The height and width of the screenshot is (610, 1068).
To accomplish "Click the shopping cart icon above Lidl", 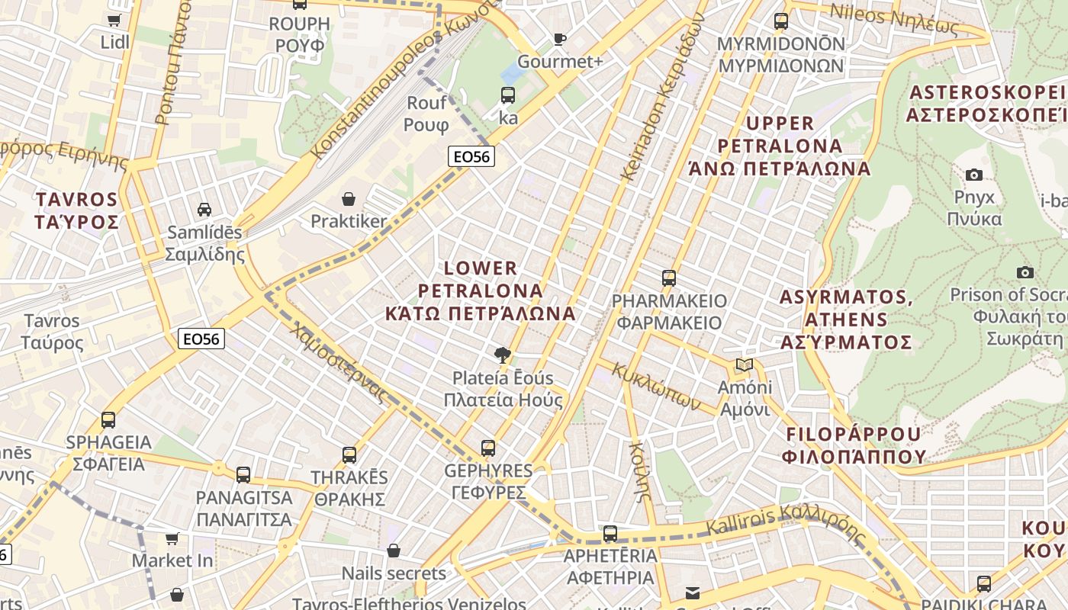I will click(114, 21).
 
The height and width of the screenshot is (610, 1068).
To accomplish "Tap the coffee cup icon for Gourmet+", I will click(560, 39).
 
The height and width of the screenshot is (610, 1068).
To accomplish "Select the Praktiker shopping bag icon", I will click(349, 199).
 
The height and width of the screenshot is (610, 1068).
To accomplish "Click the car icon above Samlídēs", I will click(204, 209).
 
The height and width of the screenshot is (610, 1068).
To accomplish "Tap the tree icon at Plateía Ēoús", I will click(503, 355).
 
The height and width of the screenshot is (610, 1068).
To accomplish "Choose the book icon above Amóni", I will click(744, 365).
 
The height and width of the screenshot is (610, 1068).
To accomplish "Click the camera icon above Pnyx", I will click(974, 175).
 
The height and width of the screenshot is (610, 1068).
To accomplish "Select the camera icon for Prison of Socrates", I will click(1025, 272).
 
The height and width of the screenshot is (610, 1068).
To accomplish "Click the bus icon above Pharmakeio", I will click(669, 278).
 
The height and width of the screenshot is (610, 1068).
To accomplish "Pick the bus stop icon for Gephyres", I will click(488, 448).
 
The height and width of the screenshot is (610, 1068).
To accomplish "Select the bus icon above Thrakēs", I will click(349, 455).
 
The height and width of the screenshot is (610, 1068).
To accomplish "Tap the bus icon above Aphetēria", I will click(610, 534).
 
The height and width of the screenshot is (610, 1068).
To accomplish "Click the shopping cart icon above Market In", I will click(172, 539).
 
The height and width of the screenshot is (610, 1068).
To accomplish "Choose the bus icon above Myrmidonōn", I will click(781, 21).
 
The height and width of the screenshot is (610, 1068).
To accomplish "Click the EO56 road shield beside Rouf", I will click(471, 157).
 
